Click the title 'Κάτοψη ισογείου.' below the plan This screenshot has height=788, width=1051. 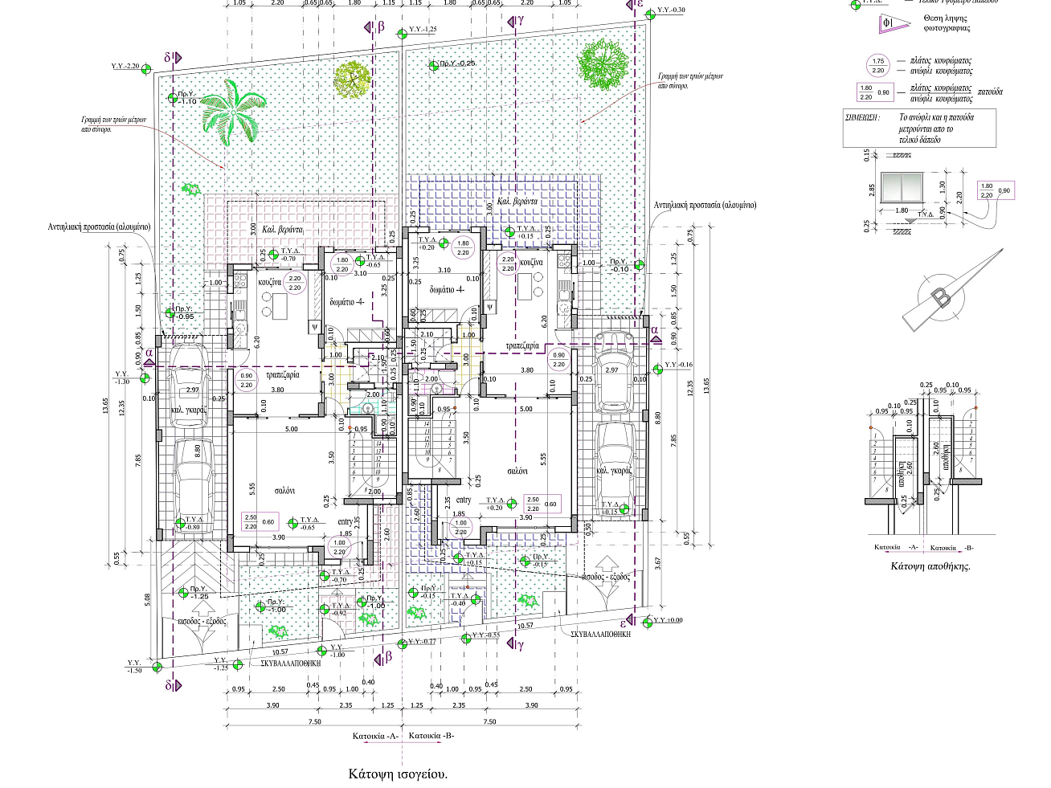click(398, 774)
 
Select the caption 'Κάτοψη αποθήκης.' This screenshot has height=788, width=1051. click(930, 566)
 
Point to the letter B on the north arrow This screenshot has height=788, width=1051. click(941, 297)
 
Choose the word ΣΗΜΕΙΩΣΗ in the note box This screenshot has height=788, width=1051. click(863, 117)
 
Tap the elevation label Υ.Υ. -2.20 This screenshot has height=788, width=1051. click(125, 67)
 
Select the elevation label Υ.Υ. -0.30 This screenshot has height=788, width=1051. click(671, 10)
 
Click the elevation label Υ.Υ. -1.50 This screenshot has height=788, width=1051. click(134, 667)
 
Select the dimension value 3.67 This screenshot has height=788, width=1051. click(657, 563)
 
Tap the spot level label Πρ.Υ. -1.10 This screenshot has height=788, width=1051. click(186, 98)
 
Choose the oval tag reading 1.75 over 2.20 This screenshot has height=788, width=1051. click(878, 66)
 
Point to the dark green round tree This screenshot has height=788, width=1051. click(603, 66)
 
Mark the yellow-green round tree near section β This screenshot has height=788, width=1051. click(351, 79)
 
